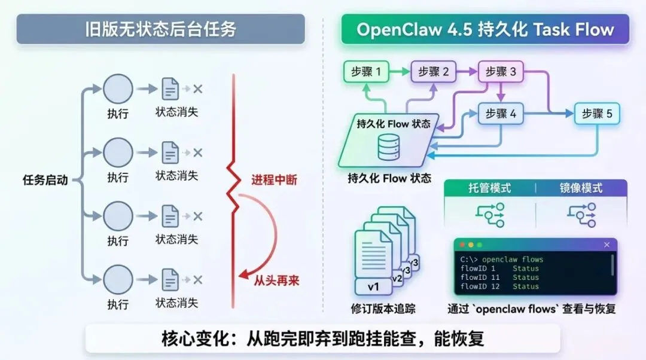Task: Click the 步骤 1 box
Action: click(x=366, y=72)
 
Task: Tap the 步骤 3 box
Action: click(x=501, y=72)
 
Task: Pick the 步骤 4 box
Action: click(x=501, y=114)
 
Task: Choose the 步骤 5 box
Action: click(x=597, y=114)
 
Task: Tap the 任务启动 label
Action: click(x=45, y=180)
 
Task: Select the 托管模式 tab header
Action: click(x=489, y=188)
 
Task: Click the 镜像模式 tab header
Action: click(x=581, y=188)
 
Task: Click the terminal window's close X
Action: click(x=607, y=245)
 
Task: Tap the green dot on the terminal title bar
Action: click(x=479, y=245)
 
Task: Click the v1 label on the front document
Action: click(x=374, y=287)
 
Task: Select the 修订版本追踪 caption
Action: click(x=383, y=309)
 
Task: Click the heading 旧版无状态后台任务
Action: click(x=160, y=29)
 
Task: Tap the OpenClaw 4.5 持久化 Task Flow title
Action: click(x=485, y=29)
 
